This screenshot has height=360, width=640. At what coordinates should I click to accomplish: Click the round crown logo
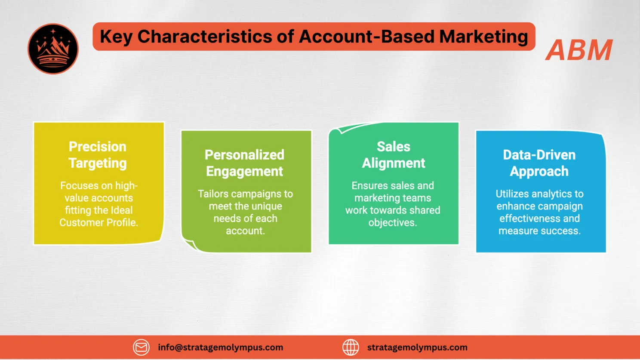pyautogui.click(x=53, y=49)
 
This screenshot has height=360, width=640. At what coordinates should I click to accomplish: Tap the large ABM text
pyautogui.click(x=579, y=50)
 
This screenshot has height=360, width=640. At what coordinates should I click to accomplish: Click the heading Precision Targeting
pyautogui.click(x=98, y=155)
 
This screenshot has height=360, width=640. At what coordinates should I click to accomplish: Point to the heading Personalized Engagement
pyautogui.click(x=245, y=163)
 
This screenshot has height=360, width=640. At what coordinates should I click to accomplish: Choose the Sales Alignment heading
pyautogui.click(x=394, y=155)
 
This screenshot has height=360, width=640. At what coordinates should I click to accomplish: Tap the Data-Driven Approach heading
pyautogui.click(x=539, y=163)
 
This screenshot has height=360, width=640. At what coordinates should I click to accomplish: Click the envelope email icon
pyautogui.click(x=141, y=347)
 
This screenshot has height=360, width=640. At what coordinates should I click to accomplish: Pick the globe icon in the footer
pyautogui.click(x=351, y=347)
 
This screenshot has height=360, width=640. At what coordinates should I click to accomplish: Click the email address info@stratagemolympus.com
pyautogui.click(x=220, y=347)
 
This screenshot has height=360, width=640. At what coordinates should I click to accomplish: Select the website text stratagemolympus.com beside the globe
pyautogui.click(x=417, y=347)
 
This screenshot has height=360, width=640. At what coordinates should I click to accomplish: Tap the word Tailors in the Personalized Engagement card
pyautogui.click(x=213, y=194)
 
